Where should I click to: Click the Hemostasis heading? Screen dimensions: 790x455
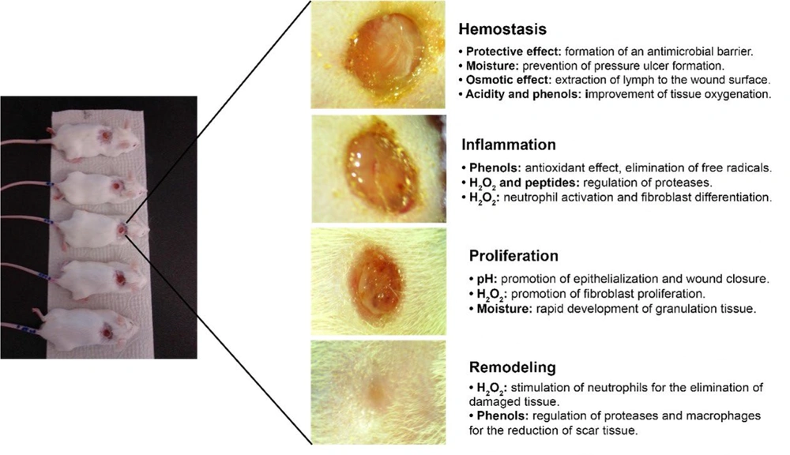point(502,29)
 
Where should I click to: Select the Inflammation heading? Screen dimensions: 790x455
point(509,145)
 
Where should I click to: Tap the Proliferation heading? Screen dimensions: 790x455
point(513,256)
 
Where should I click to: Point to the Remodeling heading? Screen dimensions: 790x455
point(513,367)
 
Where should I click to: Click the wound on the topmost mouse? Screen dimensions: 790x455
point(105,136)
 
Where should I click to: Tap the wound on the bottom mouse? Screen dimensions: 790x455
point(107,333)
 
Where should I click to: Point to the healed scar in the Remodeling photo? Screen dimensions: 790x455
point(376,391)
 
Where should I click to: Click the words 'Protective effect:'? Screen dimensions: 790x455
point(513,51)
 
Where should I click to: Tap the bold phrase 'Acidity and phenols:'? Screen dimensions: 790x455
point(524,94)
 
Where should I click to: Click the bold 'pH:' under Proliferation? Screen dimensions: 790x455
point(487,279)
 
